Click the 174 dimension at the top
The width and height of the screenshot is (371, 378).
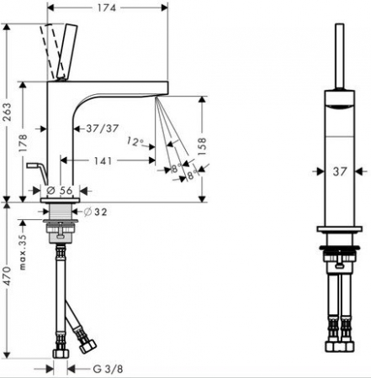click(x=107, y=8)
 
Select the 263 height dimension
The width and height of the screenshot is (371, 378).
click(x=7, y=112)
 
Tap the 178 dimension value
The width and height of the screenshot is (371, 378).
click(x=23, y=143)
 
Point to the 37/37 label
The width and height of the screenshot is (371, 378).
click(x=103, y=129)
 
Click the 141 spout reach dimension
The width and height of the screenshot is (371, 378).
click(x=103, y=160)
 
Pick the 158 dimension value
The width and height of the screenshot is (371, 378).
click(x=202, y=146)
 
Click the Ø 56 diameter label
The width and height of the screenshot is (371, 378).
click(x=60, y=191)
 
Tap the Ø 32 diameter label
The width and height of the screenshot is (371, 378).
click(x=96, y=212)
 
